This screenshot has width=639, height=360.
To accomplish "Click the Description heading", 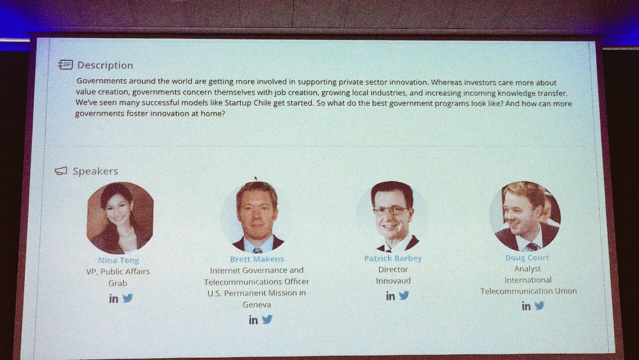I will click(105, 65).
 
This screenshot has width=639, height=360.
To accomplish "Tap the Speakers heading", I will click(95, 171).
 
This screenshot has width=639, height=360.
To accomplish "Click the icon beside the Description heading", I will click(65, 65).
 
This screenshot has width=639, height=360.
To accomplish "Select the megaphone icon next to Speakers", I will click(61, 171).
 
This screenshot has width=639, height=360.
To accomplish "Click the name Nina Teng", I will click(118, 260).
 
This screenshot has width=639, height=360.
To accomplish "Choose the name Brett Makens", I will click(257, 259).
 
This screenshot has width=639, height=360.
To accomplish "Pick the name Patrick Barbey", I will click(393, 259).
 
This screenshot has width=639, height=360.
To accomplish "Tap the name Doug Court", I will click(527, 258).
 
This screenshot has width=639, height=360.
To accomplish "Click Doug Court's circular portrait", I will click(525, 216).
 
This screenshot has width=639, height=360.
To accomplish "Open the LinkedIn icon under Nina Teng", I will click(114, 299).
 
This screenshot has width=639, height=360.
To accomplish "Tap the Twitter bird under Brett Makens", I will click(267, 319).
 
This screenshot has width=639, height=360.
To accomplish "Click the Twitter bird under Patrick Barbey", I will click(404, 295).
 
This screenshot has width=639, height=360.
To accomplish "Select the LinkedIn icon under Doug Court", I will click(526, 306).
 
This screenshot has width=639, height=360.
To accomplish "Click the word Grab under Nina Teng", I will click(118, 283).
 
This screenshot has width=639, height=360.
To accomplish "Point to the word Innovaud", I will click(393, 281).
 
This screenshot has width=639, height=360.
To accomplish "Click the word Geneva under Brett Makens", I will click(257, 304).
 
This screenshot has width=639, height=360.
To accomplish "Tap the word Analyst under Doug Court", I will click(527, 269).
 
